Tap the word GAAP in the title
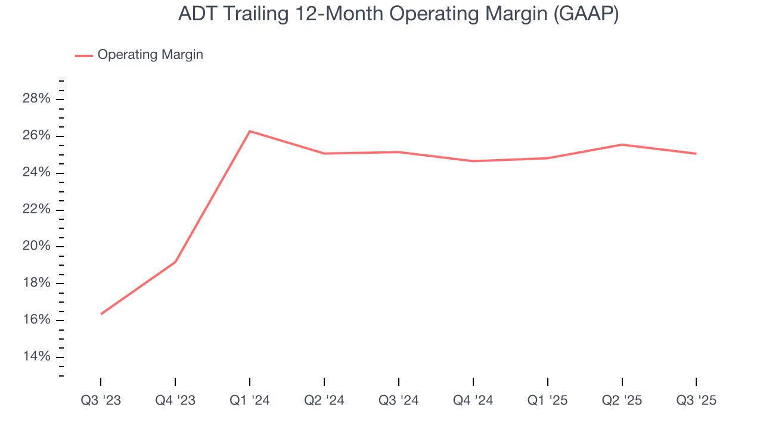point(584,14)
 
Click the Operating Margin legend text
point(150,55)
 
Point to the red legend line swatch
point(83,55)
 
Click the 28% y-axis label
point(36,99)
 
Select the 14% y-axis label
point(36,357)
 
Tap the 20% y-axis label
point(36,247)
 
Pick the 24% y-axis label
point(36,173)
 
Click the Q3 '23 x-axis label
point(101,400)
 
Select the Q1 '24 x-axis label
point(250,400)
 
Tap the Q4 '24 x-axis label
point(473,400)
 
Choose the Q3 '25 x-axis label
point(696,400)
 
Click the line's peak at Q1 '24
point(250,131)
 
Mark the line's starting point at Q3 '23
point(101,314)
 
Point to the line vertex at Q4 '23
point(175,262)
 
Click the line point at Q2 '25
point(622,145)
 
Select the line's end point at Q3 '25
point(696,154)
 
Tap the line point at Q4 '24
point(473,161)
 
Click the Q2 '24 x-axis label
point(324,400)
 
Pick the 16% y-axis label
point(36,320)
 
